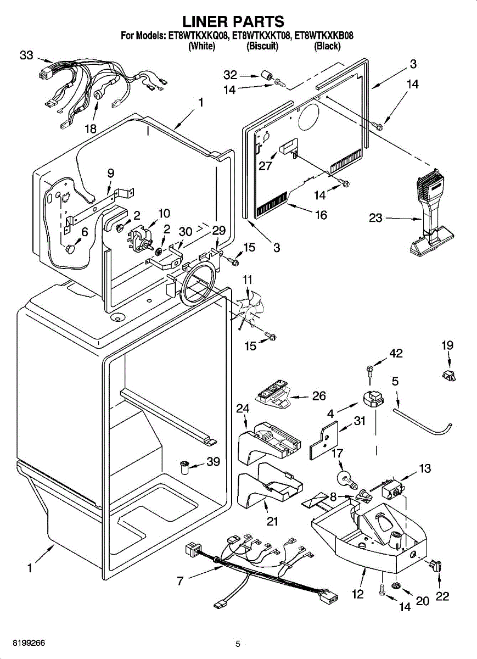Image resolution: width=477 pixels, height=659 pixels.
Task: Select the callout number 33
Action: [x=26, y=55]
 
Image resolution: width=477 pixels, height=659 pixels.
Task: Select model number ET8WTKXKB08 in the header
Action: [x=324, y=36]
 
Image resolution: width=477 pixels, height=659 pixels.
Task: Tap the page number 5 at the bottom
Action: [x=238, y=644]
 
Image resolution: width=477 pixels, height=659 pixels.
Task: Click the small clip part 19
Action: [x=448, y=376]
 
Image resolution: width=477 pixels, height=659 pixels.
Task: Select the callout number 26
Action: [x=318, y=395]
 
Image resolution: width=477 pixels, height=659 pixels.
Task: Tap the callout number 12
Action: [x=358, y=594]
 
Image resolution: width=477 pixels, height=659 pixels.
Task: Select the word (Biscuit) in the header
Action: [x=262, y=47]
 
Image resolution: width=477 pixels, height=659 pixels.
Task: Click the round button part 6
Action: [x=70, y=250]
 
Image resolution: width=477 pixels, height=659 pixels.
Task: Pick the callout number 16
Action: [x=321, y=215]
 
